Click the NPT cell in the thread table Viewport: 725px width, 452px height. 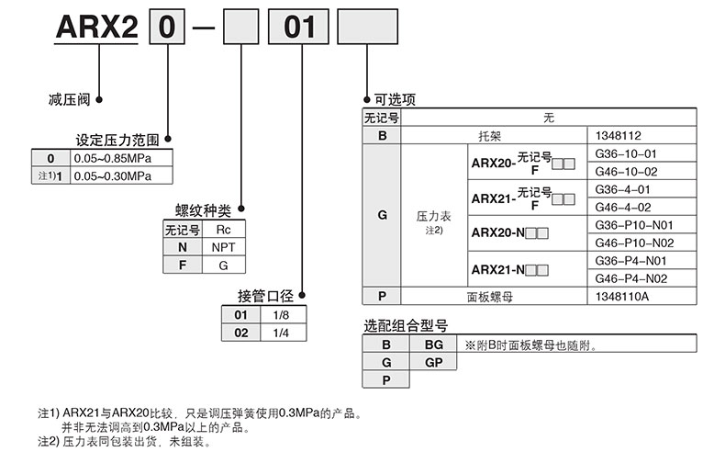pyautogui.click(x=223, y=247)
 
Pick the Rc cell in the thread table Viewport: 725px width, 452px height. pyautogui.click(x=223, y=230)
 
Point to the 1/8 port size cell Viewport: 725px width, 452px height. pyautogui.click(x=282, y=315)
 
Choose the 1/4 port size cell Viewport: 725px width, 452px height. pyautogui.click(x=282, y=333)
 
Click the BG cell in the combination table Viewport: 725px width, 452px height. pyautogui.click(x=434, y=345)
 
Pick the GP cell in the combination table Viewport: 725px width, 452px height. pyautogui.click(x=434, y=363)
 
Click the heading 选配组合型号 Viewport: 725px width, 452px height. pyautogui.click(x=406, y=326)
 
